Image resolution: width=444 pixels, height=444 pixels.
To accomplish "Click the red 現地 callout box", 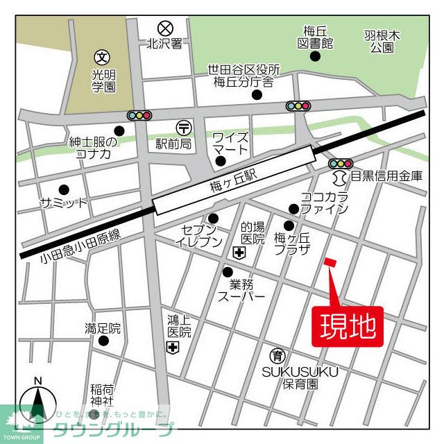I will pos(351,325).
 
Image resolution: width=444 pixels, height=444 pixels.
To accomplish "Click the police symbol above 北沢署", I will pos(164,28).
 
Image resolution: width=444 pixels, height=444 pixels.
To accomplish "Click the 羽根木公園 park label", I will pos(381,41).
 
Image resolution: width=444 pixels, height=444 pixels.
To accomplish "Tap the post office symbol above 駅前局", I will pos(184,127).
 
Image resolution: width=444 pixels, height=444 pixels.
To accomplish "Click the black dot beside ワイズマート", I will pos(221,162).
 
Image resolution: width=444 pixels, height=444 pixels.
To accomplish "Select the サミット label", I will pos(64,203).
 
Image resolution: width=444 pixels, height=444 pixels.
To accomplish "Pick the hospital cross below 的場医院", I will pos(239,255).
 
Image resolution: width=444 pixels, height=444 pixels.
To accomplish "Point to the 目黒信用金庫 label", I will pos(386,176).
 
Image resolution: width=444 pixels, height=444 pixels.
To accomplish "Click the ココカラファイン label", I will pos(323,203).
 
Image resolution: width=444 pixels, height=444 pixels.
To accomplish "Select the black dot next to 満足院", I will pos(103,341).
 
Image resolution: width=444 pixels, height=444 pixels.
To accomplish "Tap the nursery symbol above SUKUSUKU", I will pos(277,356).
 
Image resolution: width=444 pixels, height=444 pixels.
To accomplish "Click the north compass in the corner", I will pos(38,404).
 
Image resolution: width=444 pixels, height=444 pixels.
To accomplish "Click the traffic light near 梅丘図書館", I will pos(298,106).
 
